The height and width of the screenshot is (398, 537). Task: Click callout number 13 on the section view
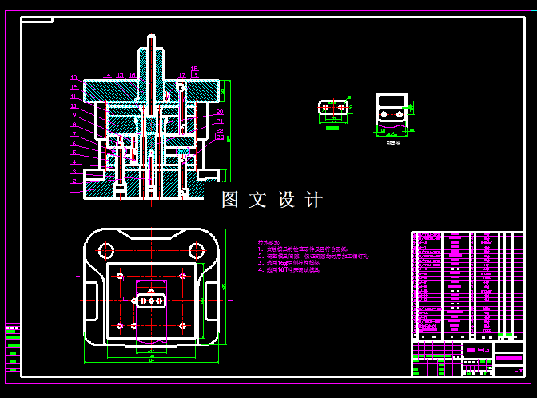click(74, 78)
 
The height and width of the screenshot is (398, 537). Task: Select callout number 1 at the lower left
click(74, 191)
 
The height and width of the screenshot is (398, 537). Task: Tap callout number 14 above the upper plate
click(107, 75)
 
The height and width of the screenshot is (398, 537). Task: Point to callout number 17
click(182, 75)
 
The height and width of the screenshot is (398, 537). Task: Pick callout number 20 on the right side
click(219, 113)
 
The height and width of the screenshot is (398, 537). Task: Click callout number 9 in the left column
click(74, 116)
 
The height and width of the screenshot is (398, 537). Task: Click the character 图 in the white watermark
click(231, 200)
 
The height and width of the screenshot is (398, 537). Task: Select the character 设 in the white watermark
click(287, 200)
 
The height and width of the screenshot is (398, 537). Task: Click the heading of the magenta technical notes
click(269, 242)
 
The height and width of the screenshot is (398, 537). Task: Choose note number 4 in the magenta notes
click(261, 270)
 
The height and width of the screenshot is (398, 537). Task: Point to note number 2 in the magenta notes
click(261, 256)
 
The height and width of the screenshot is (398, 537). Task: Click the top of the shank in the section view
click(151, 38)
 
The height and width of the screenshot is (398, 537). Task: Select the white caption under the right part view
click(392, 142)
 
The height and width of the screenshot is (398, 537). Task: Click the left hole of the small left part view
click(325, 106)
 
